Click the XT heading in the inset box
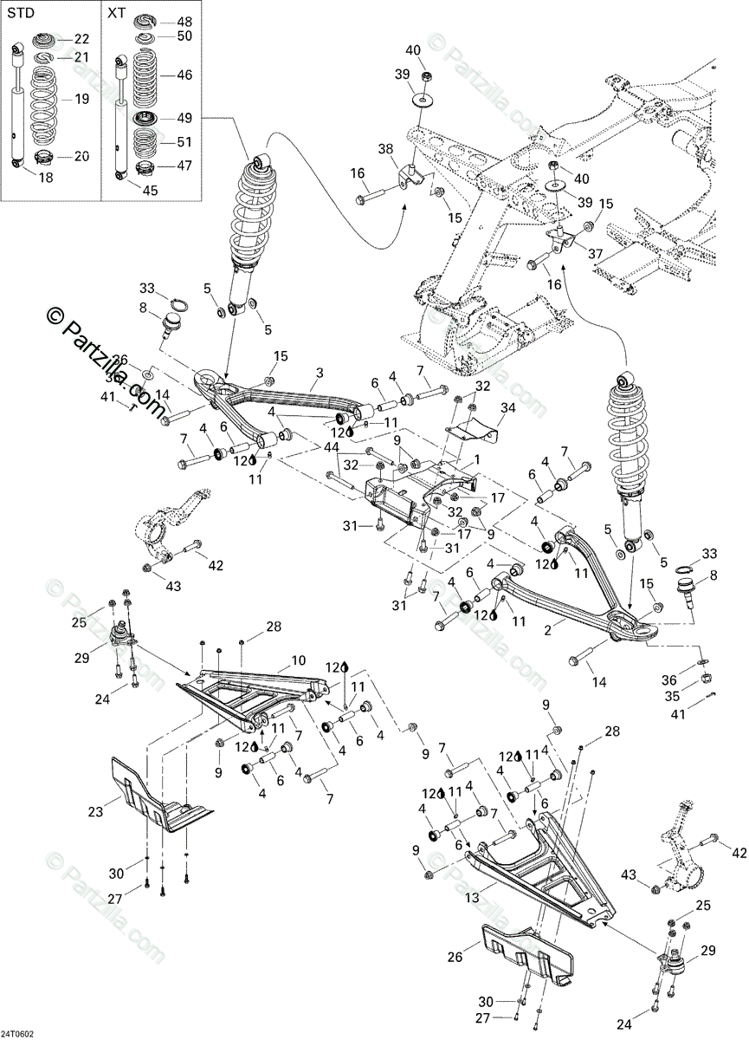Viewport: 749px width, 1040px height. pyautogui.click(x=116, y=13)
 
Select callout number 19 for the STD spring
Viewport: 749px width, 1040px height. pyautogui.click(x=82, y=100)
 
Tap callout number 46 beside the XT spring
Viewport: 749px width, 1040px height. pyautogui.click(x=184, y=76)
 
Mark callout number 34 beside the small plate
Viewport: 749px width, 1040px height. pyautogui.click(x=507, y=407)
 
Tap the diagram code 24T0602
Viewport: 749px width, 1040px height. pyautogui.click(x=16, y=1033)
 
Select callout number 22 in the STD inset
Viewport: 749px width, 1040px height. pyautogui.click(x=81, y=38)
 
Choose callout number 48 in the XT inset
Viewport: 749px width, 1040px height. pyautogui.click(x=184, y=22)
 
